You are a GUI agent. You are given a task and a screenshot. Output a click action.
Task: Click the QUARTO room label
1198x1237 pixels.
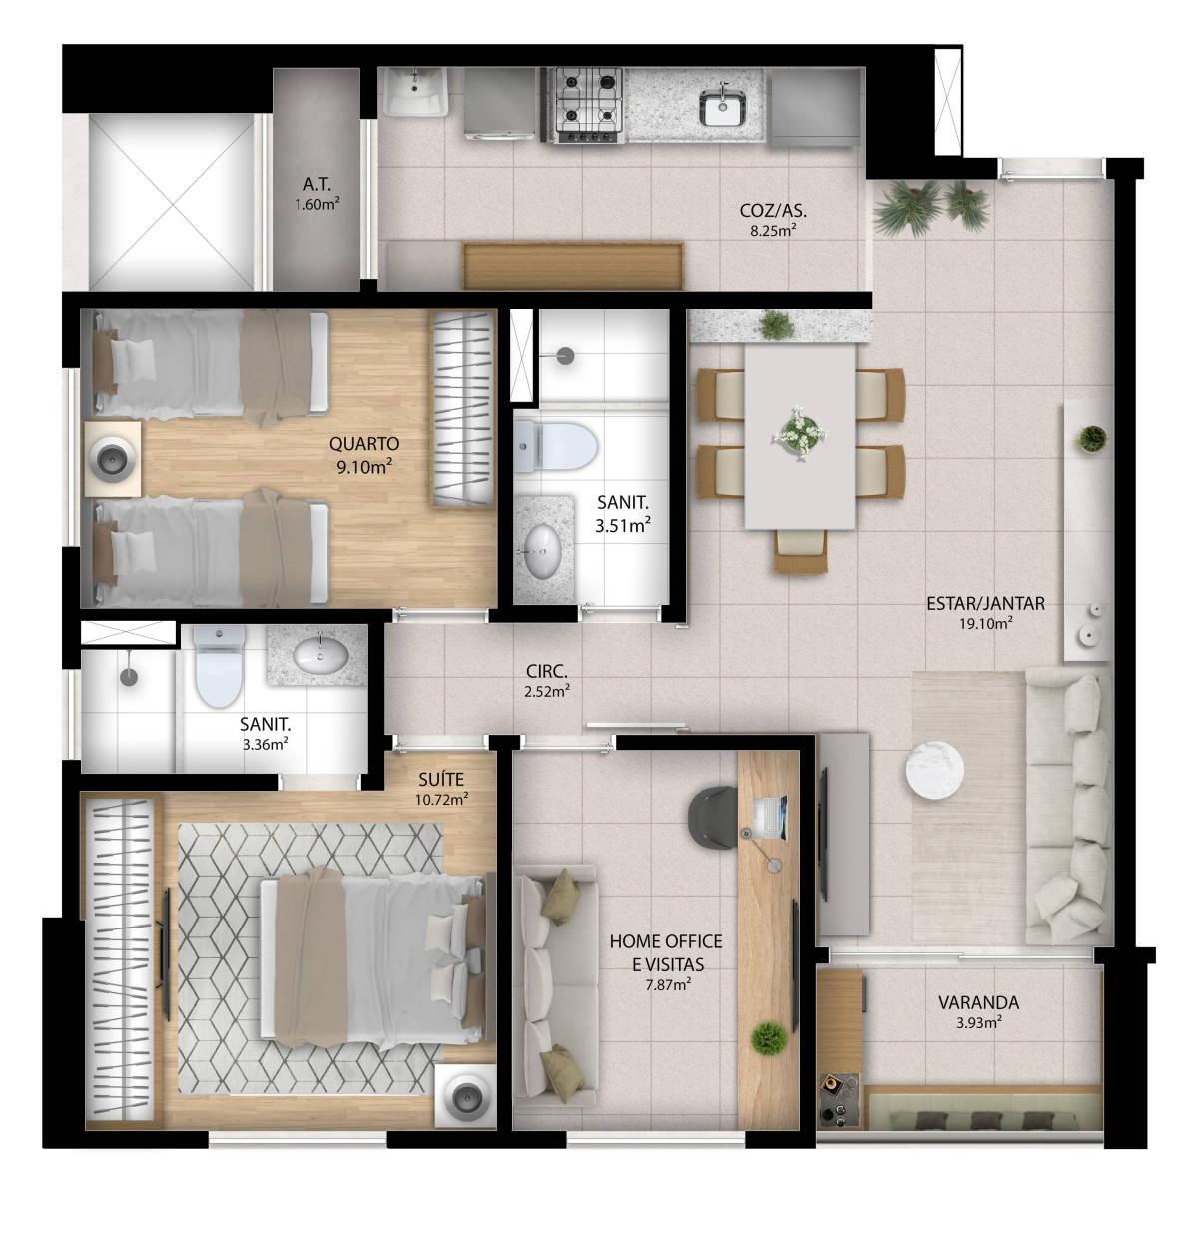pyautogui.click(x=364, y=443)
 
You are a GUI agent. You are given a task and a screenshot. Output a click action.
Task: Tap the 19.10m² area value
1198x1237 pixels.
pyautogui.click(x=985, y=624)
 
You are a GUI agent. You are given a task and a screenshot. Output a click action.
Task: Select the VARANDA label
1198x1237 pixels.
pyautogui.click(x=978, y=1003)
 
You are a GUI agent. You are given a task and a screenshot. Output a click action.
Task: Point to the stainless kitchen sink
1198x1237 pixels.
pyautogui.click(x=723, y=108)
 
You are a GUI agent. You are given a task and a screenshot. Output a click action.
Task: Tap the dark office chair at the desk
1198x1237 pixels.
pyautogui.click(x=714, y=817)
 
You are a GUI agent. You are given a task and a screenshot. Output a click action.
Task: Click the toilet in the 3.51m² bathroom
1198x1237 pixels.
pyautogui.click(x=554, y=446)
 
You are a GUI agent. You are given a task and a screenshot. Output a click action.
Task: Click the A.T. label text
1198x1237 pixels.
pyautogui.click(x=317, y=185)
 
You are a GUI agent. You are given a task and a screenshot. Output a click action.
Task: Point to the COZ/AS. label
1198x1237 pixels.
pyautogui.click(x=773, y=210)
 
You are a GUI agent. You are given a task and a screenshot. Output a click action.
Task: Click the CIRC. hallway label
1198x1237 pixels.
pyautogui.click(x=546, y=671)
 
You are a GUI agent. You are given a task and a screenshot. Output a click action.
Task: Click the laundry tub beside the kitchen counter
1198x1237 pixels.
pyautogui.click(x=414, y=93)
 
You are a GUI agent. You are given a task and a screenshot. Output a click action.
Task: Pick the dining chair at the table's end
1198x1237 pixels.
pyautogui.click(x=800, y=550)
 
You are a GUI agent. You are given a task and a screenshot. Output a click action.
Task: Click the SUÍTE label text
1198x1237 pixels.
pyautogui.click(x=441, y=780)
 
